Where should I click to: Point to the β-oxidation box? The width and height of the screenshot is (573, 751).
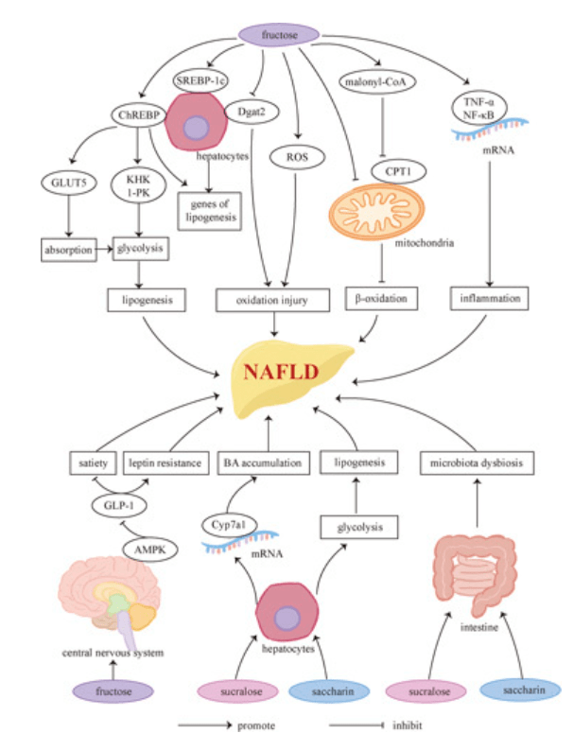pos(378,300)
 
